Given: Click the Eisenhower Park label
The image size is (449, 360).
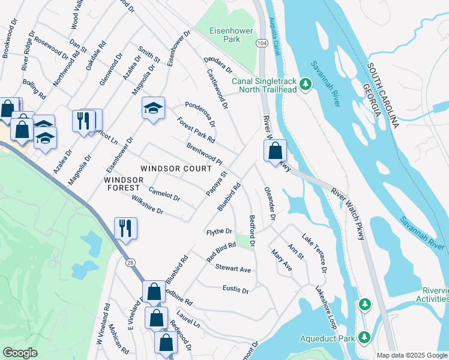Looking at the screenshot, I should tap(225, 35).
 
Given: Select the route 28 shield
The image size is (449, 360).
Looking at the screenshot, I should tap(130, 262).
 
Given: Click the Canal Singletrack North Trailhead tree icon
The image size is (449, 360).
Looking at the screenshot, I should tap(306, 84).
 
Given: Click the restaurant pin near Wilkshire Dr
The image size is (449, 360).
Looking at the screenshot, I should tap(125, 228).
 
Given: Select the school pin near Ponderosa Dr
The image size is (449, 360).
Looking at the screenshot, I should tap(153, 108).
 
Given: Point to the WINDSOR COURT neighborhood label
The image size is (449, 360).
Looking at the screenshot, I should tap(176, 169).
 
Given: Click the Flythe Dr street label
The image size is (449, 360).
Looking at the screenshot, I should tap(219, 231).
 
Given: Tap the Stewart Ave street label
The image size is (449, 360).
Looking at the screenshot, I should tap(233, 269).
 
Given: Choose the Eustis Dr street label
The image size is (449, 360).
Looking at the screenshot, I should tap(235, 290).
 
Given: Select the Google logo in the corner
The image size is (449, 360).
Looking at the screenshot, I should tap(20, 353).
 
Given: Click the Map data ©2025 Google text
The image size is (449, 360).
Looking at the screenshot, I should tap(412, 355).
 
